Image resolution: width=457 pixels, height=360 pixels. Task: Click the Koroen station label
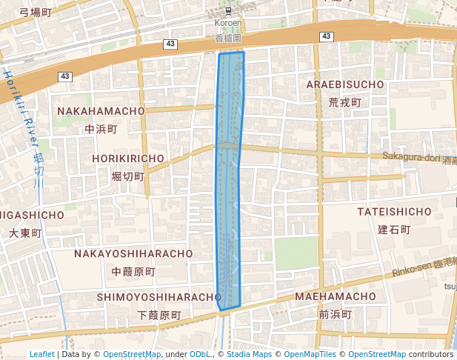[x=228, y=23]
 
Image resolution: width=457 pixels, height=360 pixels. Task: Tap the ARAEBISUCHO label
[x=345, y=84]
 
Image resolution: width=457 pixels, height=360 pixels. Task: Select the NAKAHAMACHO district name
[x=101, y=111]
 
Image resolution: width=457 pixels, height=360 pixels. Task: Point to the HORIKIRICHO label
[x=128, y=159]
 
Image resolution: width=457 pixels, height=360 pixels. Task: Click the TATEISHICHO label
[x=394, y=212]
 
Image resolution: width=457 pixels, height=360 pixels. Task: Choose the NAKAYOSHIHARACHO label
[x=133, y=253]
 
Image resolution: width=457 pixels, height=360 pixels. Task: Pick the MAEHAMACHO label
[x=336, y=296]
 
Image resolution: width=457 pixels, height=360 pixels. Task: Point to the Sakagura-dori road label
[x=412, y=156]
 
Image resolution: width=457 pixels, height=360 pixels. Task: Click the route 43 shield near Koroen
[x=170, y=44]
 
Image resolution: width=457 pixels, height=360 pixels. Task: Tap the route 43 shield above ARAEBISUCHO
[x=326, y=36]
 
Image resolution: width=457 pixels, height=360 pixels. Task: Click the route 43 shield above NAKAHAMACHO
[x=65, y=76]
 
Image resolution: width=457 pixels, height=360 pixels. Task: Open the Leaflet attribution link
[x=41, y=354]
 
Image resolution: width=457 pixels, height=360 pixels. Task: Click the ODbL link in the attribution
[x=200, y=354]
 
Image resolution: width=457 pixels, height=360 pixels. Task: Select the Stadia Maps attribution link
[x=249, y=354]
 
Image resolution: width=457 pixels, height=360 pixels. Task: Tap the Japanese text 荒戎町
[x=344, y=101]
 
